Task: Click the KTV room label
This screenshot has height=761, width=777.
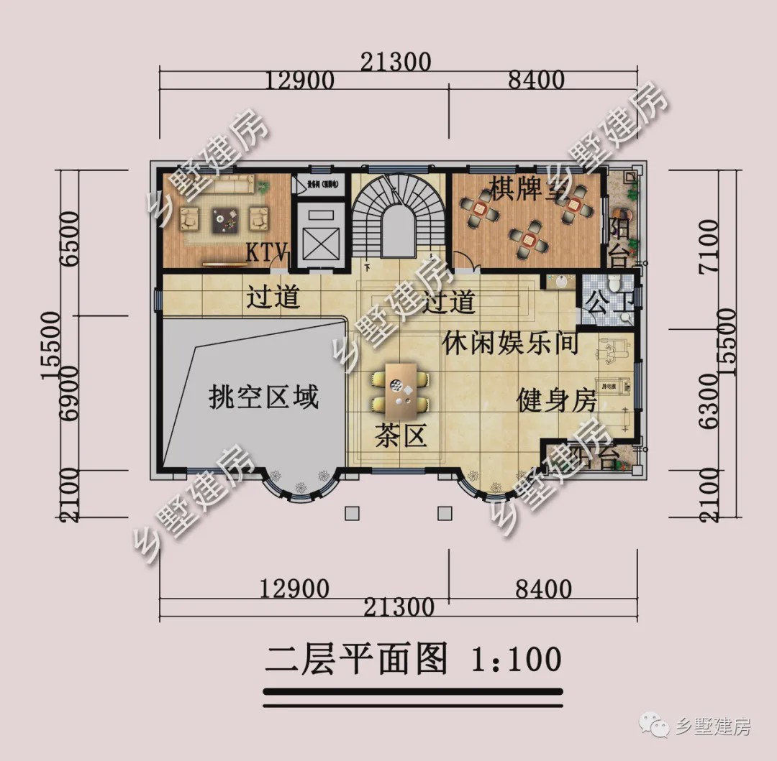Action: point(267,253)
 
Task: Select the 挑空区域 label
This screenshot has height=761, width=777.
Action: point(263,396)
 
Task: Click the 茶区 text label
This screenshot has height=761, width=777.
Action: point(401,435)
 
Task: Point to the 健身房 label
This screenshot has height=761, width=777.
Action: point(556,401)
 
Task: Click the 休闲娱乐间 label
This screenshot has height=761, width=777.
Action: point(510,343)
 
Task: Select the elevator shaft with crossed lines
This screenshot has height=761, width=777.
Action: point(319,234)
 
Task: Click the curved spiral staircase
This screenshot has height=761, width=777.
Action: point(396,216)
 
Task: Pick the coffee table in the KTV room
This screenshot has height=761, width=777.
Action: point(225,219)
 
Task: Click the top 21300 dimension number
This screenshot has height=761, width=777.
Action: point(397,63)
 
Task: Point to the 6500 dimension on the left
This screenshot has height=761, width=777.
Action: point(69,239)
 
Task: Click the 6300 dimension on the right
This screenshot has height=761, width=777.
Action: point(707,401)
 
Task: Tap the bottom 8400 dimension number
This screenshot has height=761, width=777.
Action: point(543,589)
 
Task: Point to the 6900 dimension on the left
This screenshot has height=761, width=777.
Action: point(69,392)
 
